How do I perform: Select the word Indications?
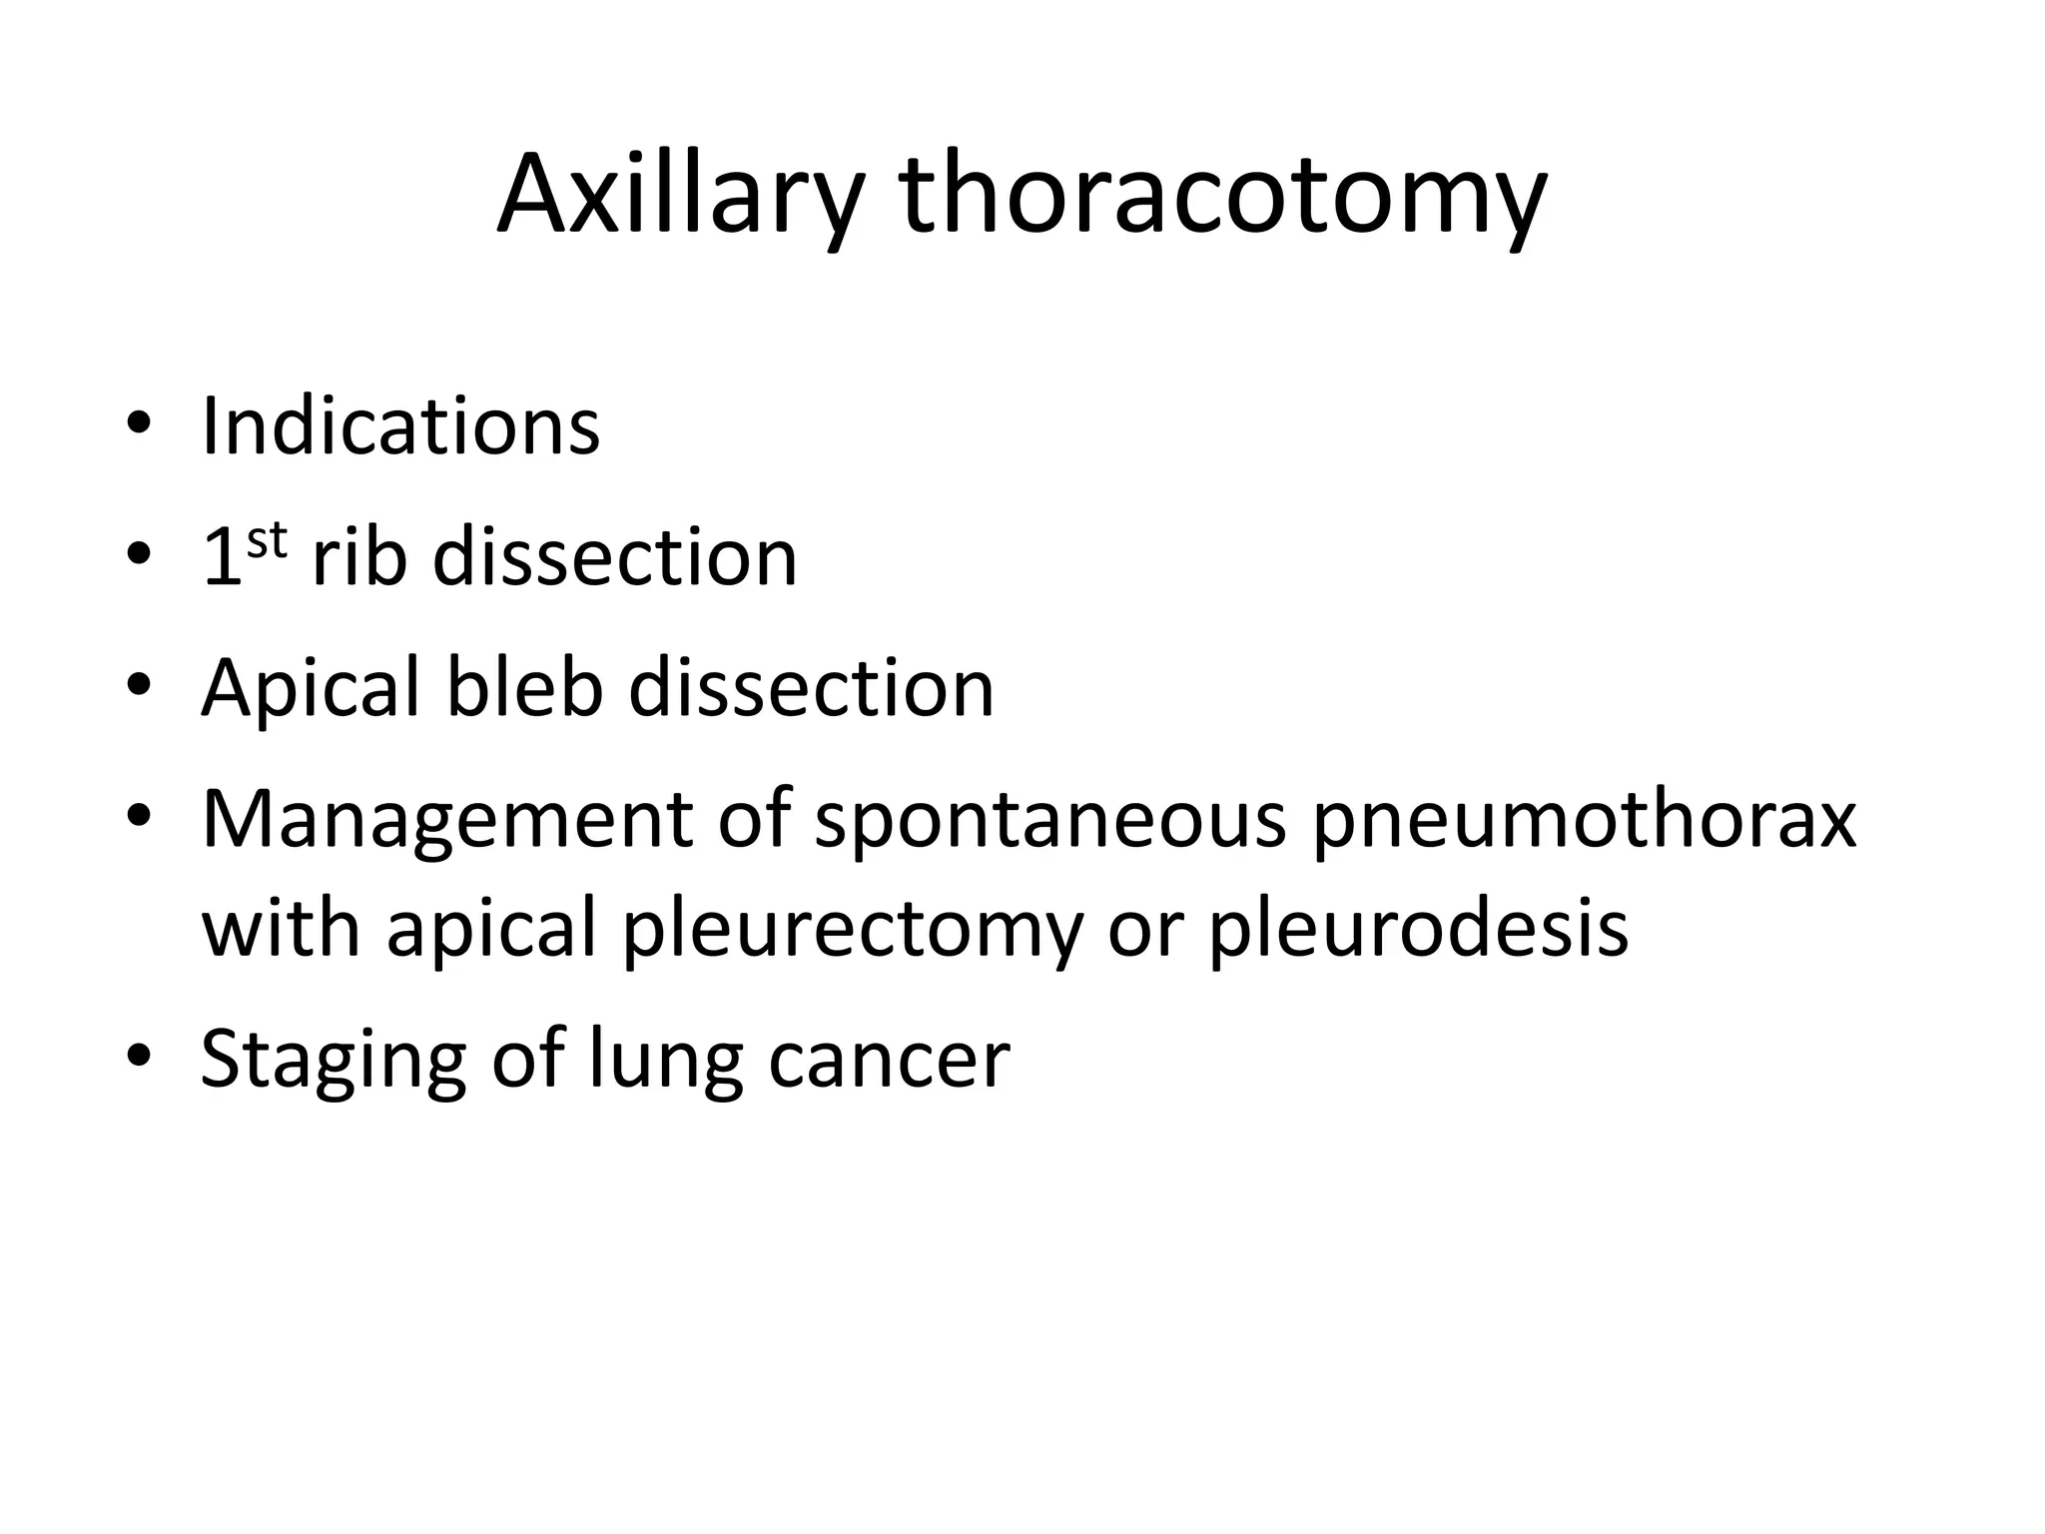point(400,426)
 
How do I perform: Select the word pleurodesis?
point(1419,928)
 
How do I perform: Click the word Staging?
point(334,1062)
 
